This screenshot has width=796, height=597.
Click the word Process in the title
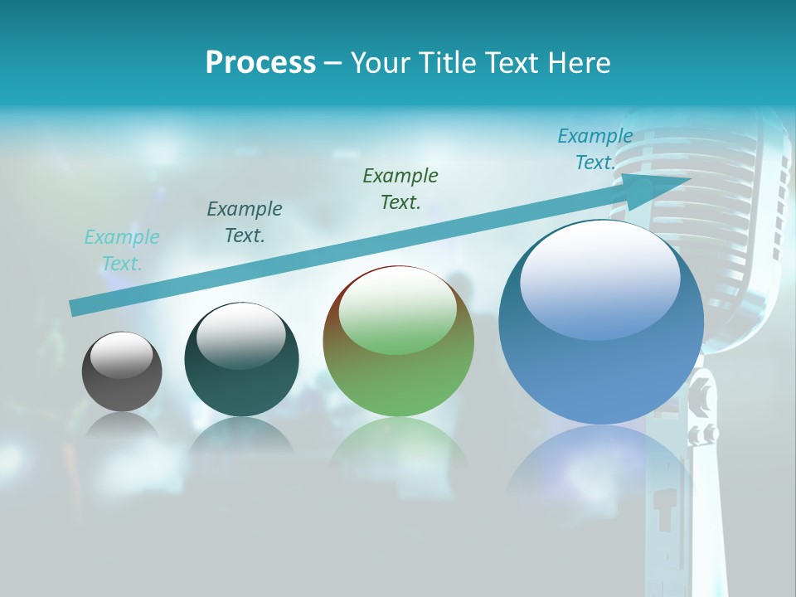tap(260, 63)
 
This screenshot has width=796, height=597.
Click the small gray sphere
tap(122, 381)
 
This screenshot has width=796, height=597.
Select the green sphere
tap(398, 365)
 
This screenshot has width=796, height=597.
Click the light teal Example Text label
tap(122, 250)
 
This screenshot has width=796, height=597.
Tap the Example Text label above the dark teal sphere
tap(245, 222)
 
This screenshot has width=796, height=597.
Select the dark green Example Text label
tap(400, 188)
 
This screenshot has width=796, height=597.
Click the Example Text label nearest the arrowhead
tap(595, 149)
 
